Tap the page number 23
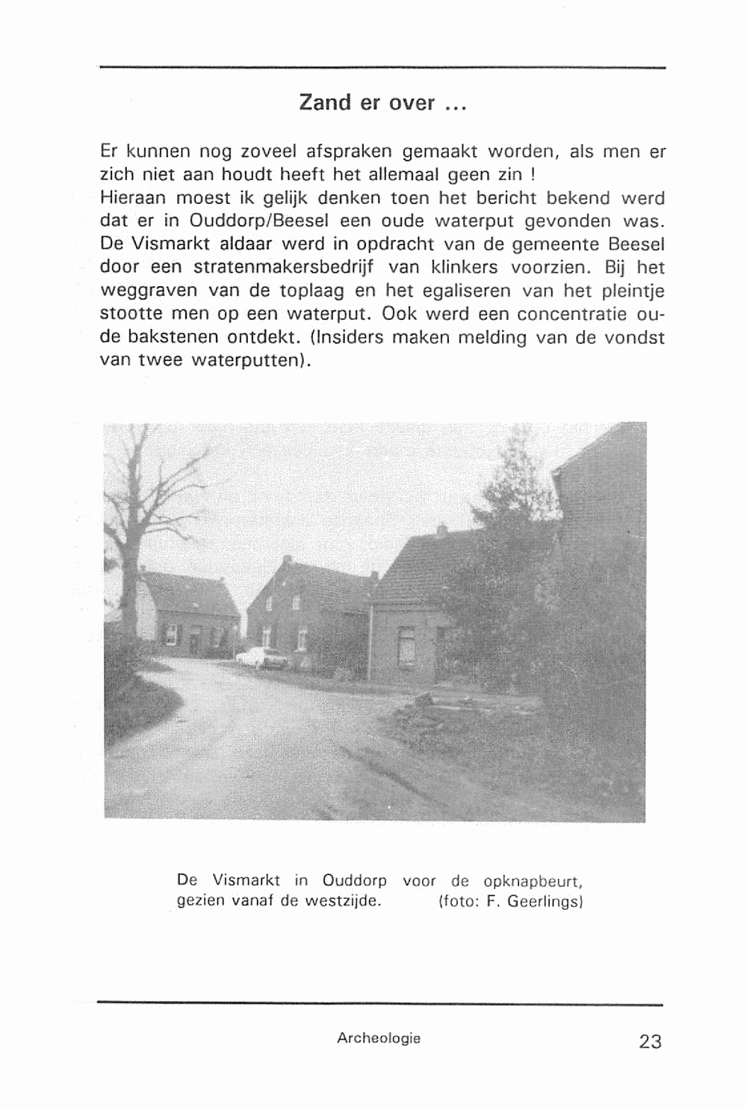click(x=650, y=1041)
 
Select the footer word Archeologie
click(x=379, y=1038)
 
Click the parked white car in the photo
click(x=262, y=657)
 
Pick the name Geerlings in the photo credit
click(x=544, y=901)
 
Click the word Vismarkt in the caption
click(x=245, y=880)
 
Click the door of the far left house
click(x=193, y=642)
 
